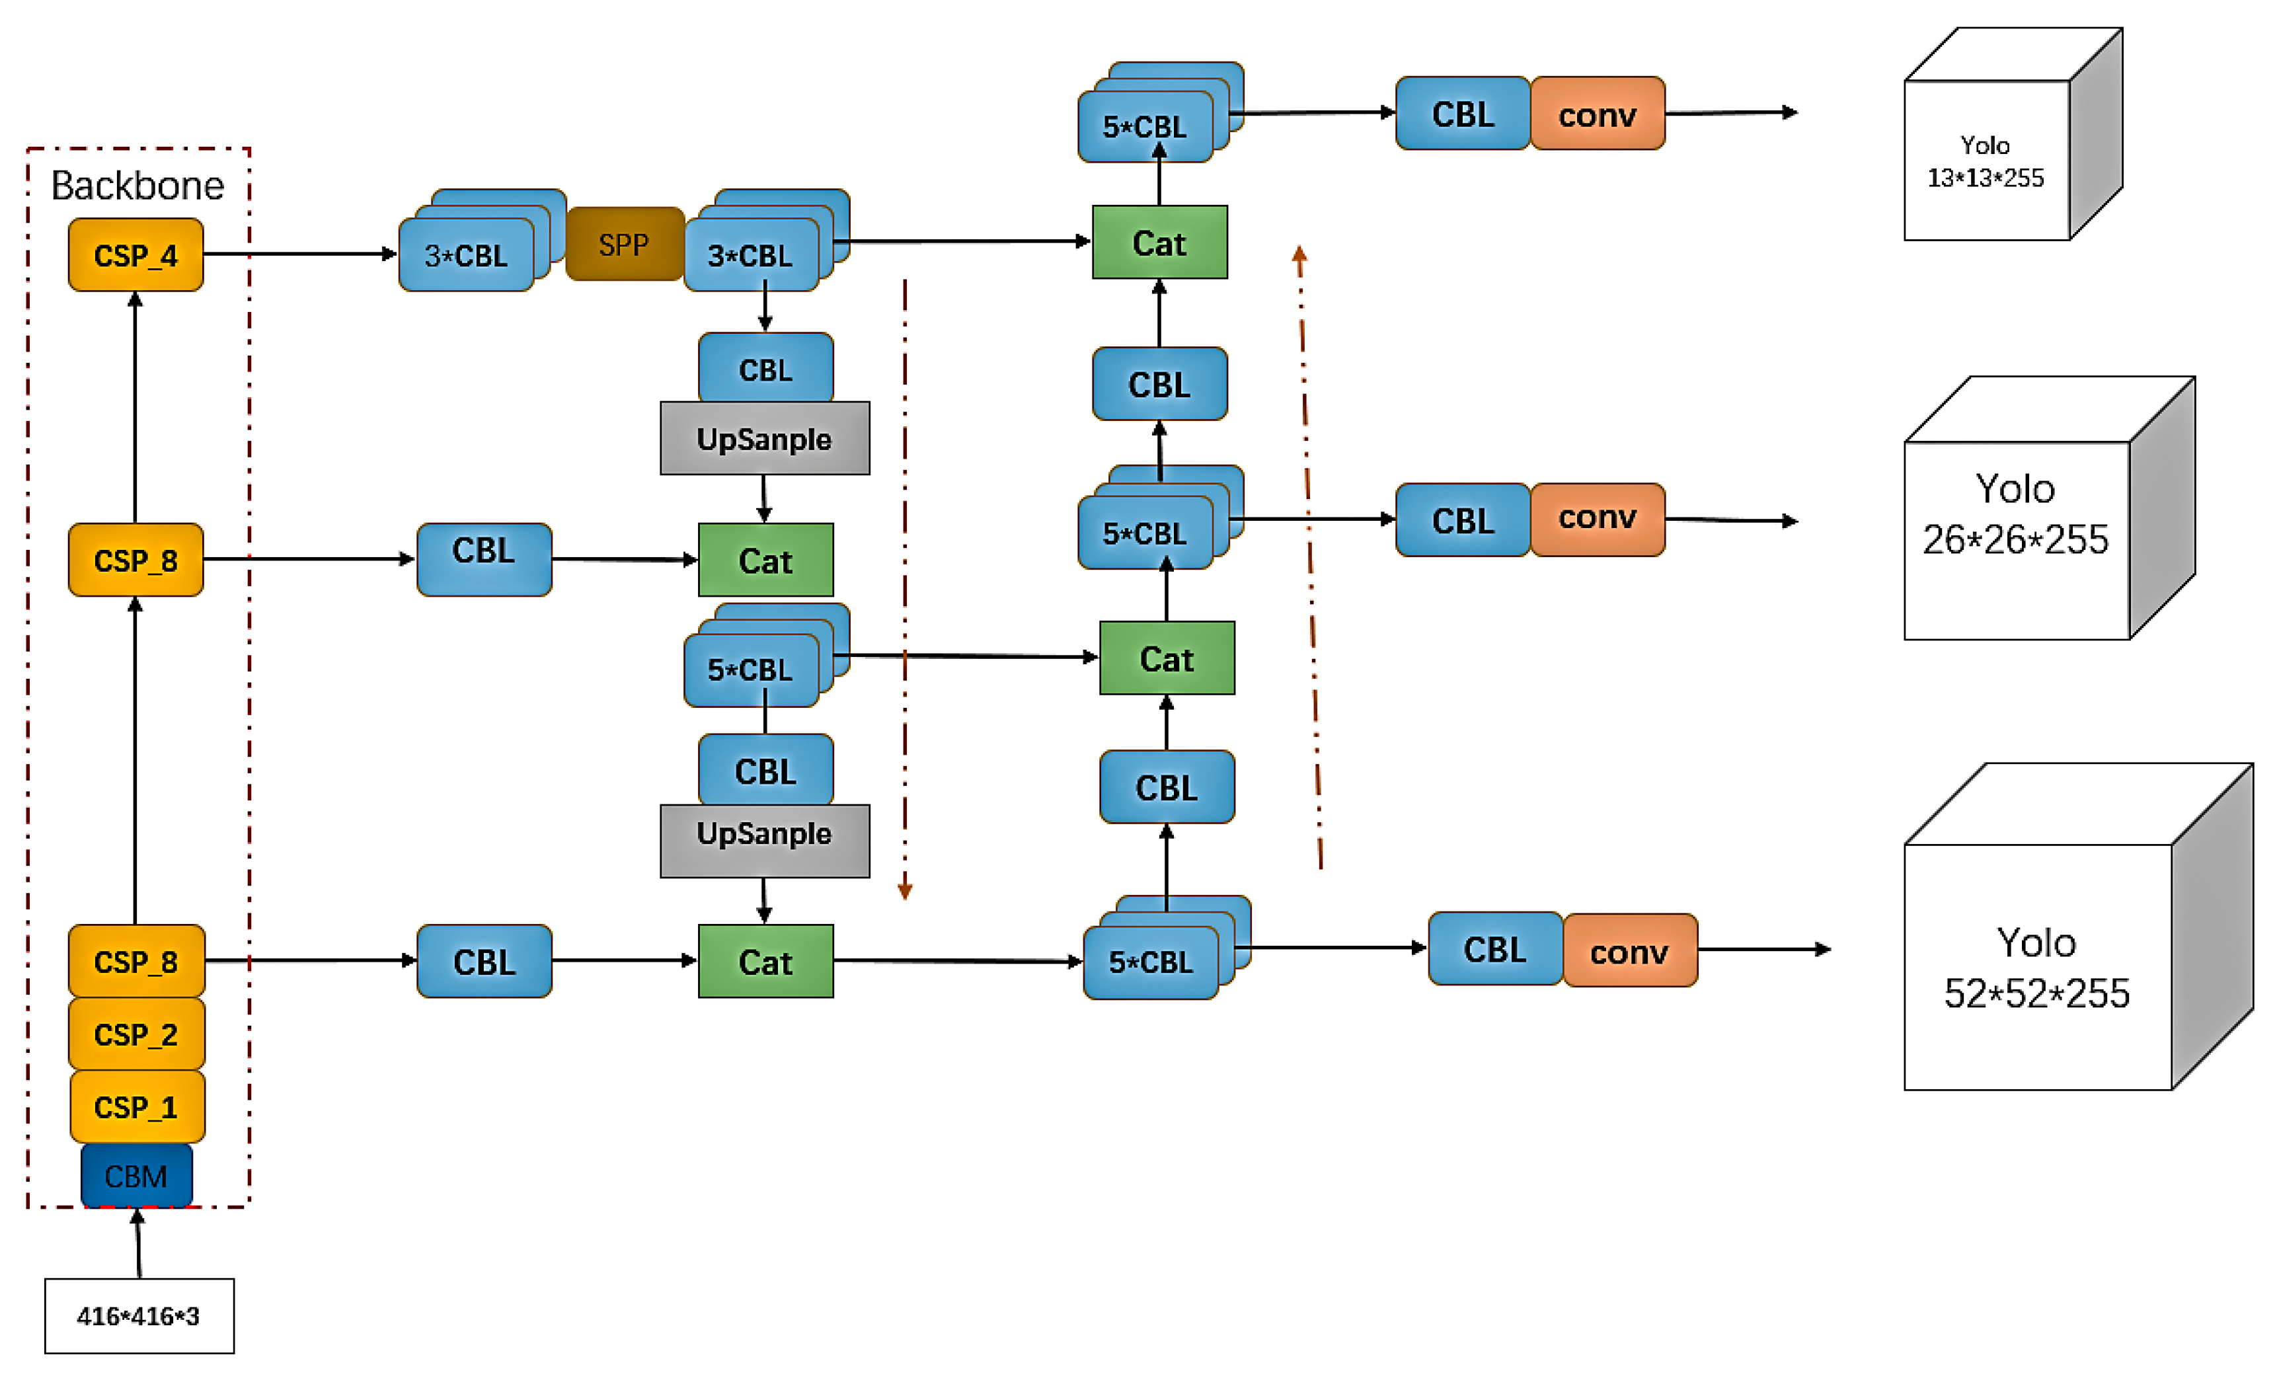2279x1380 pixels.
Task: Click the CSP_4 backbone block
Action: pos(136,254)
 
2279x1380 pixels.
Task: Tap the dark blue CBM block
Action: pos(136,1176)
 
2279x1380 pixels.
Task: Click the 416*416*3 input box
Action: pos(139,1315)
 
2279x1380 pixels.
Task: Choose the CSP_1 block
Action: pos(136,1106)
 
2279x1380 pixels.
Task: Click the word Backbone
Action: pos(137,186)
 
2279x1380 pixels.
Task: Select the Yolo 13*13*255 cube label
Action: pos(1985,161)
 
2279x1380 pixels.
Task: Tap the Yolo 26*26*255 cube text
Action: pos(2015,514)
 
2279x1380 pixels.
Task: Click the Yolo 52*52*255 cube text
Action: pos(2036,968)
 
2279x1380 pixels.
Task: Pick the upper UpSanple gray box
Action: pos(764,438)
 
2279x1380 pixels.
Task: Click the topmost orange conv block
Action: pos(1598,114)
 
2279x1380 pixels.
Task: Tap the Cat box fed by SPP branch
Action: pos(1159,243)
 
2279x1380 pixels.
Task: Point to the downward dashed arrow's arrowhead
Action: pos(905,890)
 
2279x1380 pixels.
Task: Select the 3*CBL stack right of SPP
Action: pos(751,254)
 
